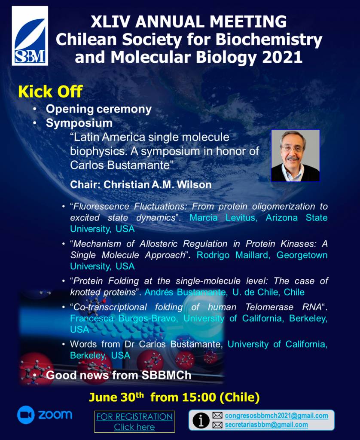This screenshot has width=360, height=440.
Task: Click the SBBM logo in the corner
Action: point(30,36)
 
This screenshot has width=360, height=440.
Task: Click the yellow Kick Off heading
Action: point(50,92)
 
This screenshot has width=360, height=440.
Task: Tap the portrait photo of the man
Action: point(295,156)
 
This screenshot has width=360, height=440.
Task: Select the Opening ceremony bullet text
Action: point(99,109)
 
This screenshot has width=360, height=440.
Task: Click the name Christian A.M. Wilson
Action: point(157,185)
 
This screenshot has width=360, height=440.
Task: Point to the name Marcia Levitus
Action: point(223,218)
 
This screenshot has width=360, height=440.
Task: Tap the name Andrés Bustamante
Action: point(185,292)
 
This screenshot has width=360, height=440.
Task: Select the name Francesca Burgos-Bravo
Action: point(124,318)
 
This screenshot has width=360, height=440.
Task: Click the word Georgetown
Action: point(302,255)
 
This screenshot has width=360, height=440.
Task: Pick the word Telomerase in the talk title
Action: point(269,307)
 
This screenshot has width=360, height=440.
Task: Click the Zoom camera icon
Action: point(26,415)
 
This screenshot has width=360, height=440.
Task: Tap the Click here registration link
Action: point(134,427)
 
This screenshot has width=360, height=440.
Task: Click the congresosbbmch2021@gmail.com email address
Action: point(276,416)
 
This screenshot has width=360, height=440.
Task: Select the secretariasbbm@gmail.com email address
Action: point(266,425)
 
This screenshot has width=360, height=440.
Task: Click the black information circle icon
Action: point(201,420)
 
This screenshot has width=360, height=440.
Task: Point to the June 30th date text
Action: point(116,397)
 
